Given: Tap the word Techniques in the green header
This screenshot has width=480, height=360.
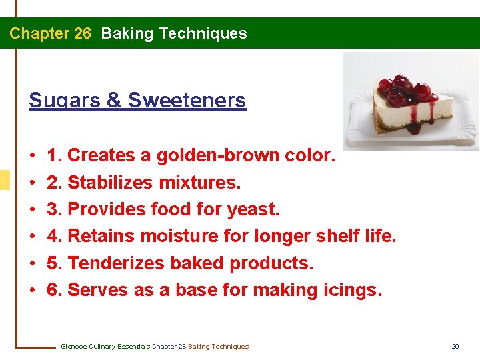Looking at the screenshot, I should pyautogui.click(x=207, y=33).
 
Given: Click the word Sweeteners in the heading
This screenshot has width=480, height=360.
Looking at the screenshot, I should pyautogui.click(x=187, y=100).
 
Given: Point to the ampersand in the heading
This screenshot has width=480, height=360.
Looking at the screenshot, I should pyautogui.click(x=114, y=100).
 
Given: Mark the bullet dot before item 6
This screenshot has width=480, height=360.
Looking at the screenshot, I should pyautogui.click(x=33, y=291).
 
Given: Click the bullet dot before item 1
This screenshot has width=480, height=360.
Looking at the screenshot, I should pyautogui.click(x=33, y=156).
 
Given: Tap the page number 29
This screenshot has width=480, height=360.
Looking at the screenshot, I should pyautogui.click(x=455, y=346).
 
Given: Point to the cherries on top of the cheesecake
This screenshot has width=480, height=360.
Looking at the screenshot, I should pyautogui.click(x=403, y=90).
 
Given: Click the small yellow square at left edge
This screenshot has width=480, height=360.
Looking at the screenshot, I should pyautogui.click(x=5, y=180).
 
